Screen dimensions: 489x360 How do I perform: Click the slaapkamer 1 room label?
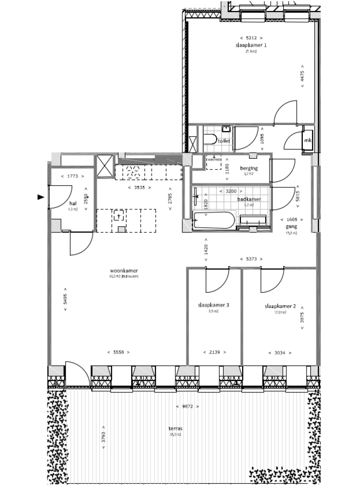pos(251,45)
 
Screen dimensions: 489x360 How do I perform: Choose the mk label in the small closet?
pos(308,140)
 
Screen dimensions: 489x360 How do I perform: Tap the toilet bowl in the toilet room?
pos(210,139)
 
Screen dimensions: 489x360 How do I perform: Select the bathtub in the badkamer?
pos(214,220)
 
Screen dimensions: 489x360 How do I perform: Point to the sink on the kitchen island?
pos(119,216)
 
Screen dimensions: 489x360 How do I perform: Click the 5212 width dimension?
pos(251,38)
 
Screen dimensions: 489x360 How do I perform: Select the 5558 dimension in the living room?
pos(118,352)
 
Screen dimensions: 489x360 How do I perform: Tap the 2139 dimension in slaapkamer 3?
pos(214,352)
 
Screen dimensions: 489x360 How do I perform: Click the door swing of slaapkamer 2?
pos(272,279)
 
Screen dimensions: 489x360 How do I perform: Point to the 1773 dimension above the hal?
pos(73,177)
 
